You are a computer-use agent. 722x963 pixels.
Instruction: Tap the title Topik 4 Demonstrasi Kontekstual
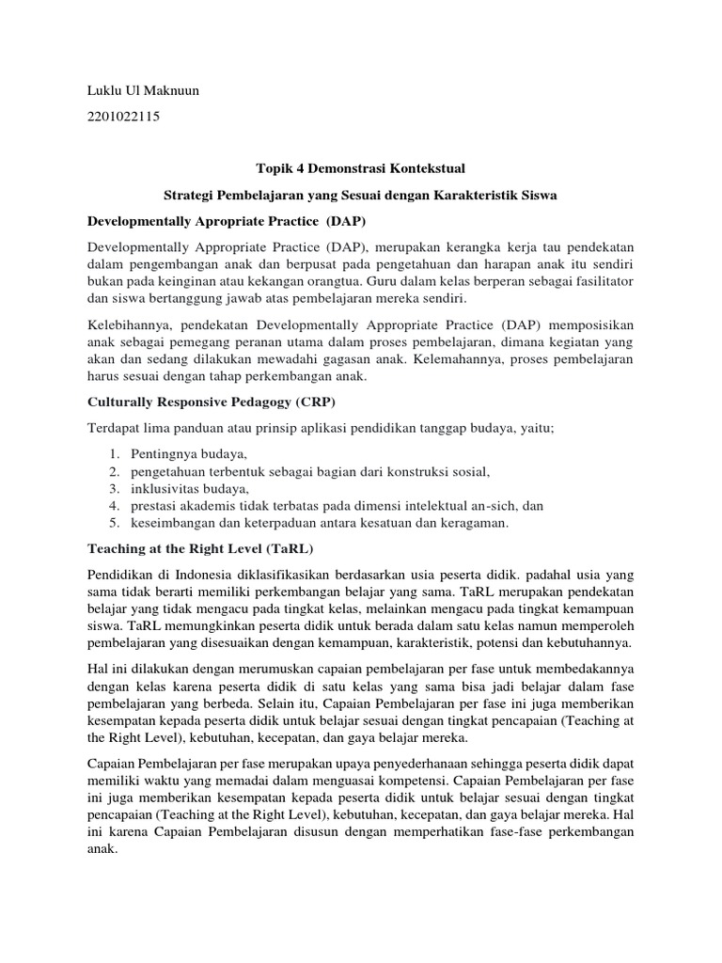(360, 168)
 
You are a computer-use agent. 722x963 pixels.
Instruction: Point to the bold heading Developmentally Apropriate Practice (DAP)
(226, 222)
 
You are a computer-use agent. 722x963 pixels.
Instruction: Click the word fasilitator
(603, 282)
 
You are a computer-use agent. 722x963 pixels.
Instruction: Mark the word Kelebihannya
(127, 324)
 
